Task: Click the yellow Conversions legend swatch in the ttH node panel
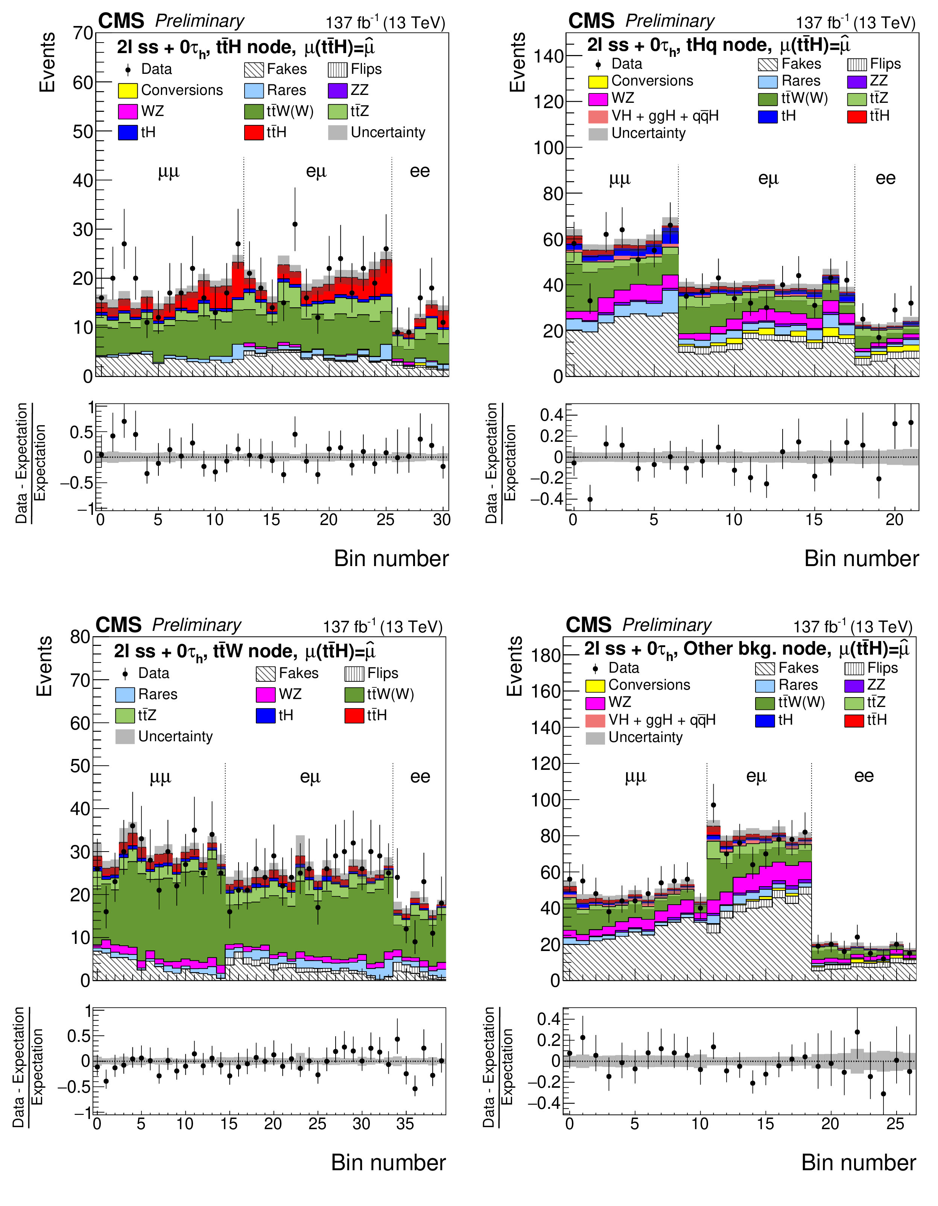pyautogui.click(x=128, y=90)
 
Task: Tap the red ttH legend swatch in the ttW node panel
pyautogui.click(x=354, y=716)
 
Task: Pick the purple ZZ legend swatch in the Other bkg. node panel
pyautogui.click(x=854, y=685)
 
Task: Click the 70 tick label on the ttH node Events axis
pyautogui.click(x=83, y=34)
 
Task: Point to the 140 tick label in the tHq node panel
pyautogui.click(x=549, y=56)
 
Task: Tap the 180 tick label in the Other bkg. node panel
pyautogui.click(x=546, y=656)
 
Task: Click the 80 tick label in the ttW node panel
pyautogui.click(x=80, y=637)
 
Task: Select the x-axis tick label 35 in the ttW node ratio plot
pyautogui.click(x=405, y=1124)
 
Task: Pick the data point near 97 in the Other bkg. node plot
pyautogui.click(x=713, y=805)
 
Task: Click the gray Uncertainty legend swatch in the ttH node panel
pyautogui.click(x=337, y=133)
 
